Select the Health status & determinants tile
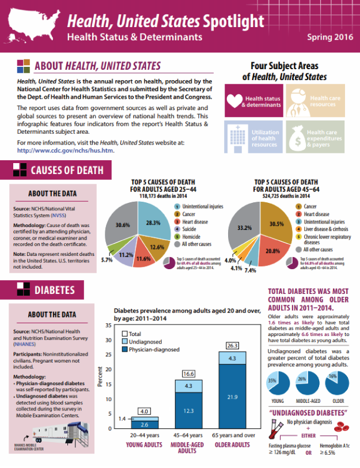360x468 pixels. pos(253,101)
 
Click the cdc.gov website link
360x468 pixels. pos(65,150)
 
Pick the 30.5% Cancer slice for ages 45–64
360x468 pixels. pos(276,224)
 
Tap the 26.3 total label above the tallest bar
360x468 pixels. pos(232,345)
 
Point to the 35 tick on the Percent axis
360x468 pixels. pos(108,326)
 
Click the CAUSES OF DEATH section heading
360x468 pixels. pos(67,170)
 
